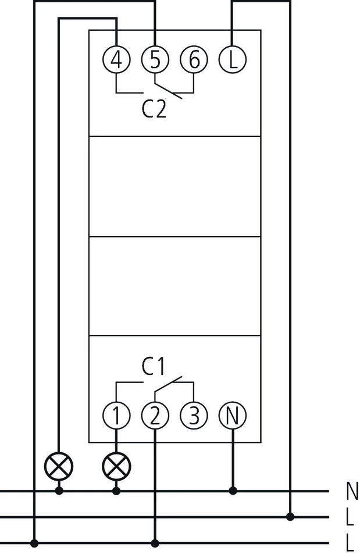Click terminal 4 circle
(x=116, y=59)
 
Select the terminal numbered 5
(x=155, y=59)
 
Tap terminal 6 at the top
(x=194, y=59)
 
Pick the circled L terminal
(x=233, y=59)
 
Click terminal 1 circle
(x=116, y=415)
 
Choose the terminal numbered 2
(x=155, y=415)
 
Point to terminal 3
(x=194, y=415)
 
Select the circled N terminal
(x=233, y=415)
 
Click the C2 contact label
(x=154, y=109)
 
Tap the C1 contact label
(x=154, y=366)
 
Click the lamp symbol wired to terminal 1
(x=116, y=466)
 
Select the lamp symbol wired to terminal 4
(x=59, y=466)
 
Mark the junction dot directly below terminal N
(x=233, y=491)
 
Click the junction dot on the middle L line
(x=290, y=516)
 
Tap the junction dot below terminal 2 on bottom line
(x=155, y=543)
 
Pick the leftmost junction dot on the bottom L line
(x=35, y=543)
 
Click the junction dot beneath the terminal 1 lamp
(x=116, y=491)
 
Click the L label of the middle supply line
(x=350, y=517)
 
